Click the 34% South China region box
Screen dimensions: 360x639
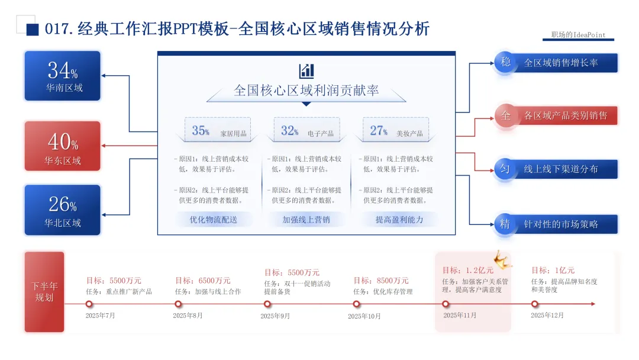pyautogui.click(x=63, y=76)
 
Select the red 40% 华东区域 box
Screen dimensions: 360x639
pyautogui.click(x=63, y=146)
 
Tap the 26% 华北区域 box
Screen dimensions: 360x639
pyautogui.click(x=63, y=209)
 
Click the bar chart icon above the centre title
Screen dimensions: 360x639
pyautogui.click(x=306, y=71)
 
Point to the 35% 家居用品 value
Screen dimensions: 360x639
pyautogui.click(x=201, y=131)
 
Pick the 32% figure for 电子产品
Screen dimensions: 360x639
pyautogui.click(x=289, y=131)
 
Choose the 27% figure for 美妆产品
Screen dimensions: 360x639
pyautogui.click(x=379, y=131)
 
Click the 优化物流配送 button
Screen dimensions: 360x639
pyautogui.click(x=213, y=220)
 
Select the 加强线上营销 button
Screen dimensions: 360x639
pyautogui.click(x=306, y=220)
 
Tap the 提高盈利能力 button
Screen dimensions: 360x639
pyautogui.click(x=399, y=220)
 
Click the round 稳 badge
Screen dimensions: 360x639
pyautogui.click(x=505, y=62)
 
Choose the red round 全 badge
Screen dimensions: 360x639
pyautogui.click(x=505, y=115)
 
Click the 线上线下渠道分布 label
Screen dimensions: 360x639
pyautogui.click(x=561, y=169)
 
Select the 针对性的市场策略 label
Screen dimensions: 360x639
pyautogui.click(x=561, y=224)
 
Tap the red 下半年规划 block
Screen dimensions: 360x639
pyautogui.click(x=44, y=292)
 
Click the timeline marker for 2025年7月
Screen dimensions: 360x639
pyautogui.click(x=89, y=304)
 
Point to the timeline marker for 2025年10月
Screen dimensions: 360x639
pyautogui.click(x=356, y=304)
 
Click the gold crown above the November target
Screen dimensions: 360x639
pyautogui.click(x=504, y=257)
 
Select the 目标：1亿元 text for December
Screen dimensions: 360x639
pyautogui.click(x=553, y=270)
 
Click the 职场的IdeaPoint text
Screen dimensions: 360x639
pyautogui.click(x=578, y=35)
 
